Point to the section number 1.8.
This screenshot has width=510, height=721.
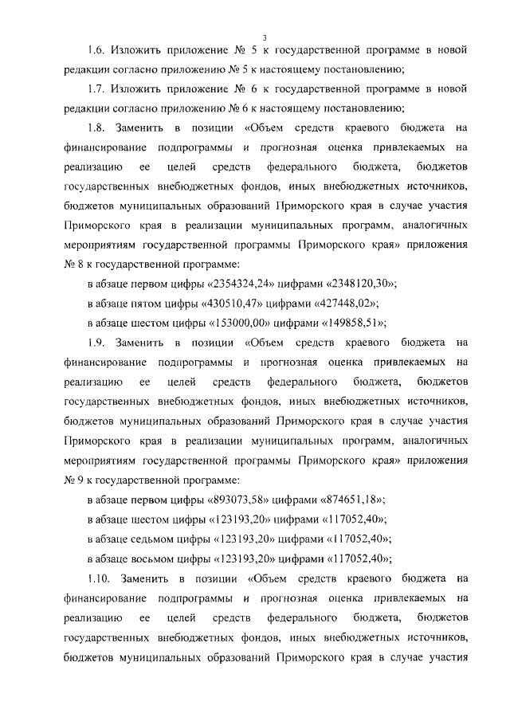click(x=98, y=127)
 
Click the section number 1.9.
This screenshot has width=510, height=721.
click(x=98, y=343)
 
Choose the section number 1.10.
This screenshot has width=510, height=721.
click(x=100, y=578)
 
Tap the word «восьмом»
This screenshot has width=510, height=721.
click(x=156, y=558)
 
